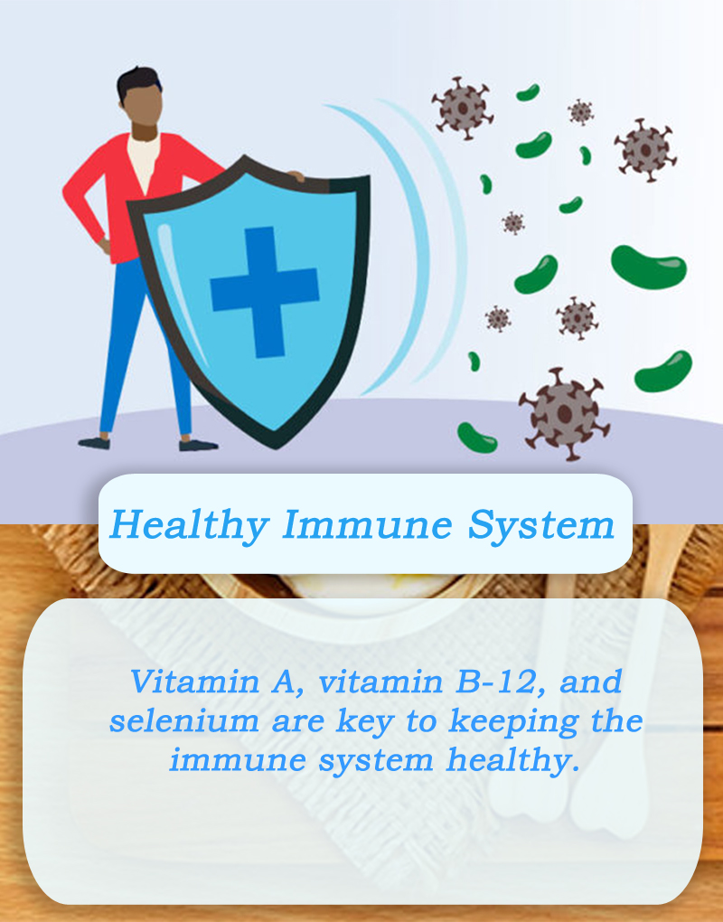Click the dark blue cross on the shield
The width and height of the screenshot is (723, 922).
pos(265,292)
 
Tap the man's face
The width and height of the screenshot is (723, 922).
pos(143,106)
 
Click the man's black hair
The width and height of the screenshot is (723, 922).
pos(138,81)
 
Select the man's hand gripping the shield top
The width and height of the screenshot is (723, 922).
pos(295,175)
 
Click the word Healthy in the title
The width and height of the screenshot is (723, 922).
pos(190,525)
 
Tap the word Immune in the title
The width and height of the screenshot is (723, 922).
pos(368,524)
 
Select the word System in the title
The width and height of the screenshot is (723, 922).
pos(541,525)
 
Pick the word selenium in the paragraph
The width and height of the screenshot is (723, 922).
pos(184,721)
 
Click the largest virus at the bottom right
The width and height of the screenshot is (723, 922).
pos(564,414)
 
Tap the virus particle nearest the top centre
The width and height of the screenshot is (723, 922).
pos(463,108)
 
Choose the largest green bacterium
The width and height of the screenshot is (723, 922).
pos(648,268)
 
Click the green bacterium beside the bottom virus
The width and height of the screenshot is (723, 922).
pos(476,438)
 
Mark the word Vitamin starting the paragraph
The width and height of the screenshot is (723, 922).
pos(195,682)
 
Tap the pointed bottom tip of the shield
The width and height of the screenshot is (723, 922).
pos(276,447)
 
